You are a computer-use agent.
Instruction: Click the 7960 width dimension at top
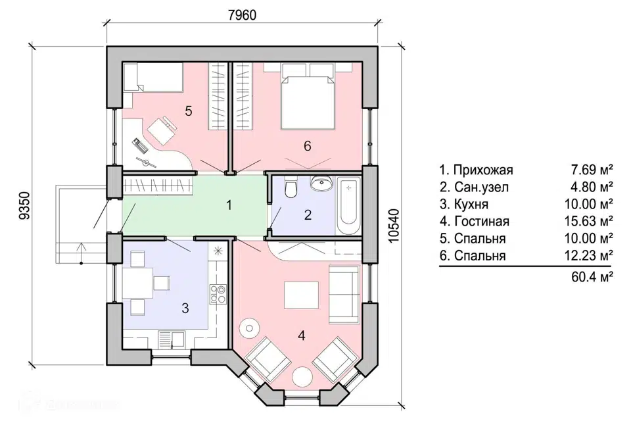[x=242, y=15]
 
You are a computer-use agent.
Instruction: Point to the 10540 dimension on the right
[x=395, y=226]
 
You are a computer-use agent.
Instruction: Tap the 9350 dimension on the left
[x=24, y=205]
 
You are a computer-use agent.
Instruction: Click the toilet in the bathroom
[x=291, y=187]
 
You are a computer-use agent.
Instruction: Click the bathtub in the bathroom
[x=348, y=206]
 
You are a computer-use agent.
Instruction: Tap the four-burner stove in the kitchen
[x=218, y=293]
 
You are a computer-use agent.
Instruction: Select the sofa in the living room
[x=344, y=293]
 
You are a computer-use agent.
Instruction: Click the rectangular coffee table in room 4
[x=302, y=295]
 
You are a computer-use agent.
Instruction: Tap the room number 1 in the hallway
[x=229, y=205]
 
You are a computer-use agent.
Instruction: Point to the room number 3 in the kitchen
[x=185, y=309]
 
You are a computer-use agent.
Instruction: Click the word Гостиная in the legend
[x=482, y=221]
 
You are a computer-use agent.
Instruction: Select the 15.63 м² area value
[x=588, y=221]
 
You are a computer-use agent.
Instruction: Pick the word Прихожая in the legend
[x=483, y=170]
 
